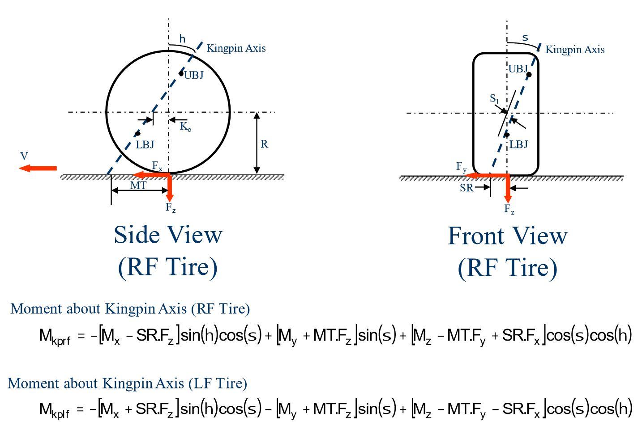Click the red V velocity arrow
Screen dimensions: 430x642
[x=38, y=168]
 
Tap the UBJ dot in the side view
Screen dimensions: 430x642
[x=181, y=74]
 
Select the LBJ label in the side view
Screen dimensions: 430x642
[x=145, y=144]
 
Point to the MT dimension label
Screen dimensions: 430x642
[x=138, y=185]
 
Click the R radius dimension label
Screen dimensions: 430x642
[x=264, y=144]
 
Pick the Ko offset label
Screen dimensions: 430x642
[x=185, y=126]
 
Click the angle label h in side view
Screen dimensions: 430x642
[x=182, y=39]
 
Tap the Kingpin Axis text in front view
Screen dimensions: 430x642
[x=574, y=50]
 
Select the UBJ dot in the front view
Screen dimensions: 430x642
[x=529, y=75]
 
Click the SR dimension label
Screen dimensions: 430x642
[x=467, y=188]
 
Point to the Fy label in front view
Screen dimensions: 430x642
[x=461, y=167]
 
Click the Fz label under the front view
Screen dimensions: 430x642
[x=509, y=209]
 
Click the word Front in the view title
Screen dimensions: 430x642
[x=479, y=236]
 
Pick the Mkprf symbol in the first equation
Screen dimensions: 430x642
[x=55, y=336]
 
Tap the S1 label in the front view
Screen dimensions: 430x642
[x=494, y=99]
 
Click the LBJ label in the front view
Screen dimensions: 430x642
[x=518, y=144]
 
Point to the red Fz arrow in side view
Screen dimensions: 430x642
[x=169, y=188]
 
